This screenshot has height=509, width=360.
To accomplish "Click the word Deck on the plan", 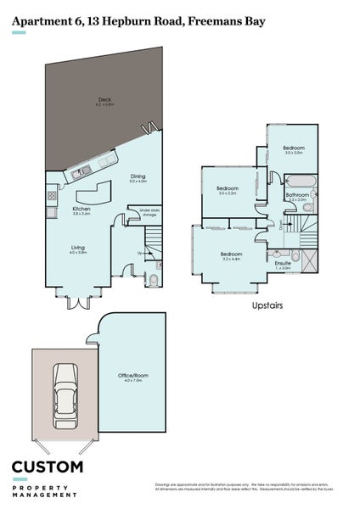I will (x=104, y=101).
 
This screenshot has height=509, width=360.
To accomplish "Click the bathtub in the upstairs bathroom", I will (x=301, y=181).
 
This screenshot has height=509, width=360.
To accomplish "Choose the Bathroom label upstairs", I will (x=297, y=195).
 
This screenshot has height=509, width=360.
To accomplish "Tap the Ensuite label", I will (x=283, y=263).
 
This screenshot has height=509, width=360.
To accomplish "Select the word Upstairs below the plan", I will (x=267, y=304).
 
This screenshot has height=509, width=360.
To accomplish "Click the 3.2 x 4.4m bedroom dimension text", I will (x=232, y=260).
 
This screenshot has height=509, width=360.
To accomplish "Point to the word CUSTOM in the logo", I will (x=47, y=467).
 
